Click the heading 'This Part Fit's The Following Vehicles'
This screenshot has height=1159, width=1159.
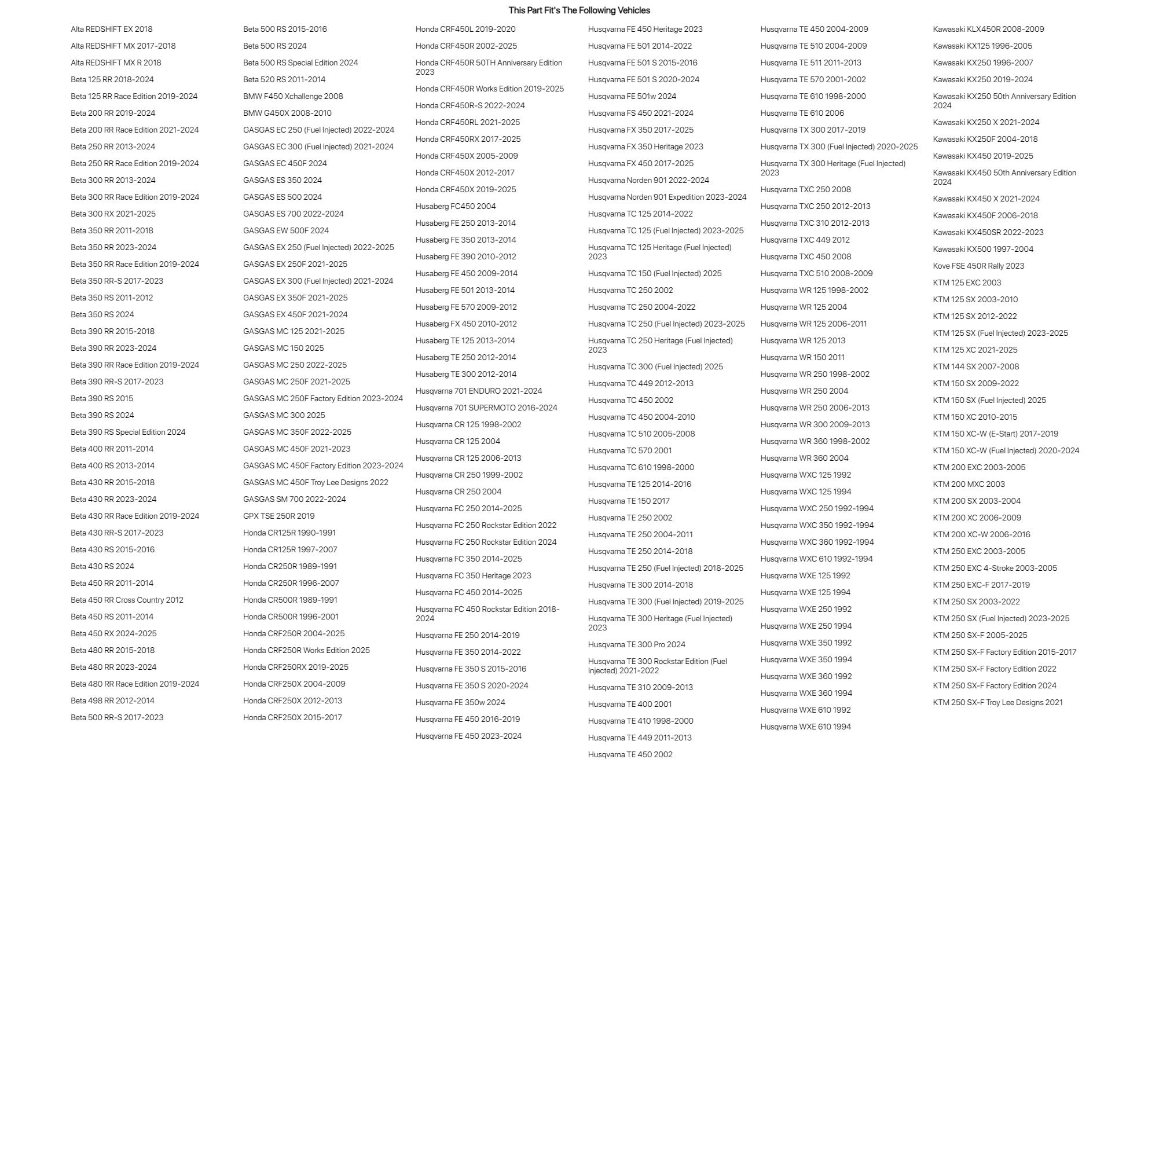[x=579, y=10]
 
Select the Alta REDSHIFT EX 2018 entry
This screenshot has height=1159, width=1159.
[x=112, y=29]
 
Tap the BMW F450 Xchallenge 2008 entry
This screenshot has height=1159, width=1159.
[x=293, y=96]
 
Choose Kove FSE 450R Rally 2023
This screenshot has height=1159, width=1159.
[x=978, y=266]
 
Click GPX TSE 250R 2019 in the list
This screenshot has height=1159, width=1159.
[x=278, y=516]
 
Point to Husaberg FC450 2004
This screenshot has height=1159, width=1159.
[x=455, y=206]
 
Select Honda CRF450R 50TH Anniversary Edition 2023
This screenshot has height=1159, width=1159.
[x=488, y=67]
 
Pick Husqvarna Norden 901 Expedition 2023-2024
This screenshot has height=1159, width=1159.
[x=667, y=197]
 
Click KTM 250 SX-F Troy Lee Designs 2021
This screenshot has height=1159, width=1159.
[x=997, y=702]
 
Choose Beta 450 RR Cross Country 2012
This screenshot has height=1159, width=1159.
[x=127, y=600]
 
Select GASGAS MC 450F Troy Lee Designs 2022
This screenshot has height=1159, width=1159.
[x=316, y=482]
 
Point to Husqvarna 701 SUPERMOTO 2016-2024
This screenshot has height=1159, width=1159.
[x=486, y=408]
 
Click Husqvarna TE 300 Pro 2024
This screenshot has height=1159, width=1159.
[x=636, y=644]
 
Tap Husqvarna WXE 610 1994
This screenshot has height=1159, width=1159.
[x=805, y=727]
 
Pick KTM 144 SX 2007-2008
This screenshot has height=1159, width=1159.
[x=975, y=366]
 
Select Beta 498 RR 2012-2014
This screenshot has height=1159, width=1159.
[x=112, y=700]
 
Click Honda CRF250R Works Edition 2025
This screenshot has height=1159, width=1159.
[x=306, y=650]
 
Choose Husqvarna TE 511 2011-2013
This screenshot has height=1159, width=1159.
[x=810, y=63]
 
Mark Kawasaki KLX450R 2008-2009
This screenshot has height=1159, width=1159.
[x=988, y=29]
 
